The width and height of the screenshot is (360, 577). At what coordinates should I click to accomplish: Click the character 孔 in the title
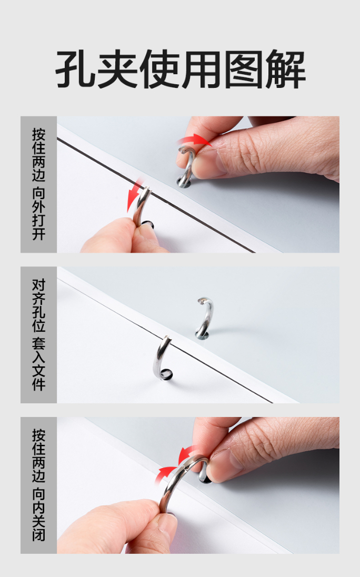click(x=75, y=69)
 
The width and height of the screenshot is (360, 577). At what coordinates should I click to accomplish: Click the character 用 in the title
click(x=201, y=69)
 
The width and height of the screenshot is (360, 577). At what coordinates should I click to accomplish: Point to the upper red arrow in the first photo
click(x=194, y=140)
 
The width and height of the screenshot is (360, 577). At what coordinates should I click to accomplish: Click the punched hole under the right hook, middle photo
click(x=202, y=335)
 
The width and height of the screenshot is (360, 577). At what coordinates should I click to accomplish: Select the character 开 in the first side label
click(x=38, y=234)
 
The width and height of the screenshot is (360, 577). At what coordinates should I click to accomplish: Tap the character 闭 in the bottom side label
click(x=38, y=535)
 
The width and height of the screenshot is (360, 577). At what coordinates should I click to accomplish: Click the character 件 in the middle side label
click(x=38, y=384)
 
